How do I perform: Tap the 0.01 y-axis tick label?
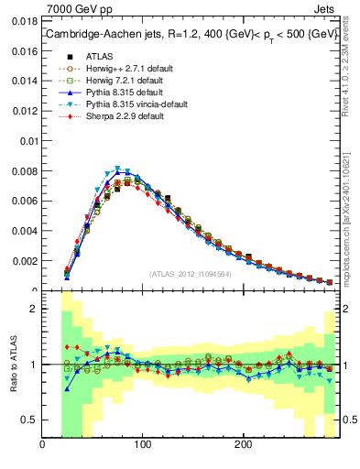click(27, 141)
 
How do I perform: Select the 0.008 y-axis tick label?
click(24, 171)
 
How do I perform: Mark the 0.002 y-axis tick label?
click(24, 261)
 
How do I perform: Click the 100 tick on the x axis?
click(142, 445)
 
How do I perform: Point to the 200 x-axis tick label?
click(243, 445)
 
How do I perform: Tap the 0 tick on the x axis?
click(42, 445)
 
